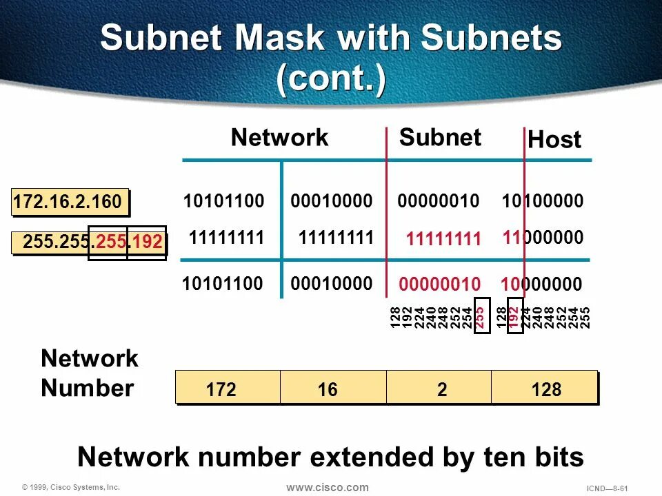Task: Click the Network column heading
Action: (279, 138)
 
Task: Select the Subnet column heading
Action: (440, 138)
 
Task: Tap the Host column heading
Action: (554, 141)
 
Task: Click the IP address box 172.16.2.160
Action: (70, 203)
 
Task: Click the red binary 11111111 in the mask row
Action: (443, 240)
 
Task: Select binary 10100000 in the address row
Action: (543, 202)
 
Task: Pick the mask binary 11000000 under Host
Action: (543, 238)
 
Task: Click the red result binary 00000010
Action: (439, 285)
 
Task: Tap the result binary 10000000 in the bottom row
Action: (541, 285)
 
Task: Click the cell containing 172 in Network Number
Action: (221, 390)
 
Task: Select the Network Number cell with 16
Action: (328, 390)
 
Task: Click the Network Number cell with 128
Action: (546, 390)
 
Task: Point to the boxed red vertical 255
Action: (481, 316)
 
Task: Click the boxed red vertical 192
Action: (512, 316)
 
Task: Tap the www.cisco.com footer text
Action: (328, 488)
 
